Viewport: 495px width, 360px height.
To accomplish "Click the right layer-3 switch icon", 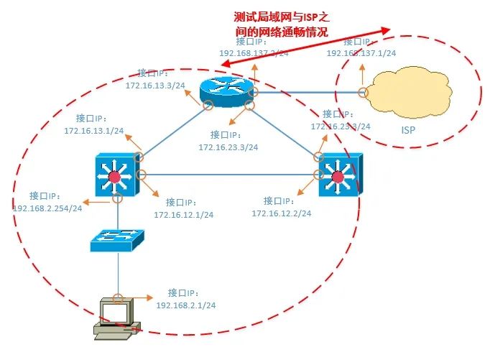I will pos(337,175).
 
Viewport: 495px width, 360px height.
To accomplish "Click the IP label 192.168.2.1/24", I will pos(186,305).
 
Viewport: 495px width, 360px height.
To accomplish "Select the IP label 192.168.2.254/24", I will pos(47,208).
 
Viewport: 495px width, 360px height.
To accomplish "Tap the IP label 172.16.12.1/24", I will pos(183,214).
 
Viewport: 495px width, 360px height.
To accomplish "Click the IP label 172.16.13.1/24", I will pos(93,131).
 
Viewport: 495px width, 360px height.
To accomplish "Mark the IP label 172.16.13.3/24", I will pos(155,85).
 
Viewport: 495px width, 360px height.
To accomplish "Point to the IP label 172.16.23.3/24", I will pos(228,147).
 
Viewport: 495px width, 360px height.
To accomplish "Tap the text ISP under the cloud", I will pos(408,131).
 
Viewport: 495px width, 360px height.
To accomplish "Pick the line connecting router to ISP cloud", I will pos(309,92).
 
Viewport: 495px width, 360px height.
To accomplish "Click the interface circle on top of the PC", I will pos(118,297).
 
